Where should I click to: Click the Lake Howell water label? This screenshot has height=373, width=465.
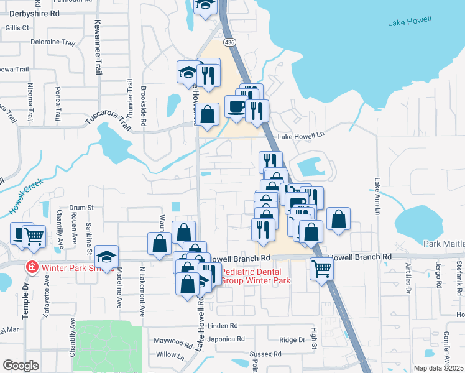(x=410, y=23)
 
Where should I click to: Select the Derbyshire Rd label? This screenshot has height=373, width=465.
(x=32, y=12)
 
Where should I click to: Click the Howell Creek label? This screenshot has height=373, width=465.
(x=29, y=200)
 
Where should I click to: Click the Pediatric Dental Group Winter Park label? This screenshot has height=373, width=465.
(x=256, y=277)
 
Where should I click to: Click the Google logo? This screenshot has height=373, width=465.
(x=21, y=366)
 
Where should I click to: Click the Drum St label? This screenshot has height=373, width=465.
(x=81, y=208)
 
